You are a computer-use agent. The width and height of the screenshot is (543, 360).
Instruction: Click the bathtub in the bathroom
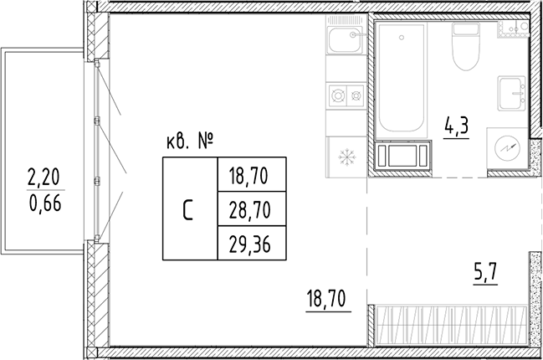[402, 80]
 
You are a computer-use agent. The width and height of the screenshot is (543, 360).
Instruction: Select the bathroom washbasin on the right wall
[510, 92]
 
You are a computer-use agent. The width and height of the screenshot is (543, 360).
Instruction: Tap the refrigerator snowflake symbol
[344, 156]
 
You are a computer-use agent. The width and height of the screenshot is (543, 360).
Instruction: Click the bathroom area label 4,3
[455, 129]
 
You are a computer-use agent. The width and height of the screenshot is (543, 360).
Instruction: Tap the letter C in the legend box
[189, 208]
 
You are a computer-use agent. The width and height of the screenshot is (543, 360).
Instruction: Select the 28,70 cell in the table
[251, 208]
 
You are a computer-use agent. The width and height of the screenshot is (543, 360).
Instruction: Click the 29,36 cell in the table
[251, 243]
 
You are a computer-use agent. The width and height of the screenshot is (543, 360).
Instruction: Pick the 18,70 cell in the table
[251, 176]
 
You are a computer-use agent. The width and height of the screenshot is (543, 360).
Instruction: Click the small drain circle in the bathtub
[401, 37]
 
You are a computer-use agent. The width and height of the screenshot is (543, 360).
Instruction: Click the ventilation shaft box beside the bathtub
[405, 157]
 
